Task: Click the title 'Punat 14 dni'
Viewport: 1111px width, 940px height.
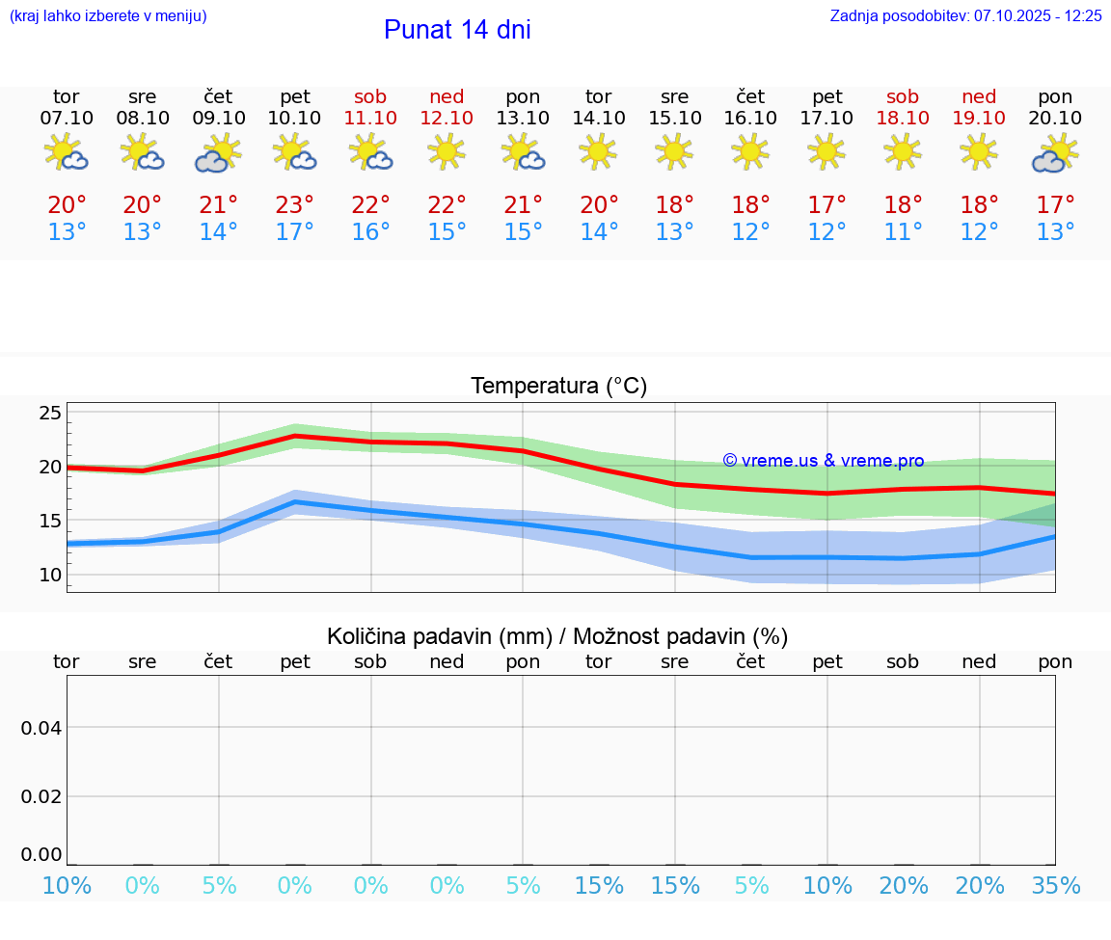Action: coord(457,30)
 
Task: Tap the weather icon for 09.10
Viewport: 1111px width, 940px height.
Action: coord(219,153)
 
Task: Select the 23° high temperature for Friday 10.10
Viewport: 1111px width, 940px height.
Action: coord(294,205)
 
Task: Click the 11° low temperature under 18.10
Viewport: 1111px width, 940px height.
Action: coord(903,232)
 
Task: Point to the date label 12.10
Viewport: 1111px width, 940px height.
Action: coord(447,118)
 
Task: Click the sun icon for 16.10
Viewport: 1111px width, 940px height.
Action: coord(750,151)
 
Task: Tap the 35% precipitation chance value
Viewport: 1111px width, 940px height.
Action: coord(1055,886)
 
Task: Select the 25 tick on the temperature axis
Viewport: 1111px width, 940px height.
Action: coord(50,413)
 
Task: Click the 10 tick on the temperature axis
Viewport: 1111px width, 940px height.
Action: coord(50,575)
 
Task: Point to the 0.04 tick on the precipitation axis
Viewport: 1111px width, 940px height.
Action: coord(41,727)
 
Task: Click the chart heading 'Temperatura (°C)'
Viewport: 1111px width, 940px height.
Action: coord(558,387)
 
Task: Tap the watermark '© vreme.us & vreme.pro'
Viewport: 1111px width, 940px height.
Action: coord(823,461)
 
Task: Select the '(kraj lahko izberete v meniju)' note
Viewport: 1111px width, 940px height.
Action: coord(108,16)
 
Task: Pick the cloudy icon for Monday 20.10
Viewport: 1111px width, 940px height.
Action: coord(1054,154)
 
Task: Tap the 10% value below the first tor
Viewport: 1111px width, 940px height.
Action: coord(67,886)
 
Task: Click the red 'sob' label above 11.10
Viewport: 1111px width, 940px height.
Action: coord(370,97)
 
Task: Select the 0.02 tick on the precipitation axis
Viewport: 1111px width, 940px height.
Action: coord(41,796)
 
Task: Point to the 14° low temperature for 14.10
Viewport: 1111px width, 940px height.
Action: coord(599,232)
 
